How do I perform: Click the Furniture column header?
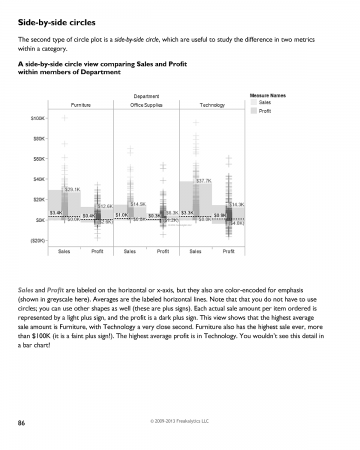click(x=82, y=104)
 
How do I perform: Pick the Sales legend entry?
click(x=265, y=103)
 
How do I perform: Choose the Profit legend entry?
click(x=265, y=111)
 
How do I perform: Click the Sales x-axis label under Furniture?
click(x=64, y=251)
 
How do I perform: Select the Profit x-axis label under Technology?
click(x=228, y=251)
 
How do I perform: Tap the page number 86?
click(x=21, y=423)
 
